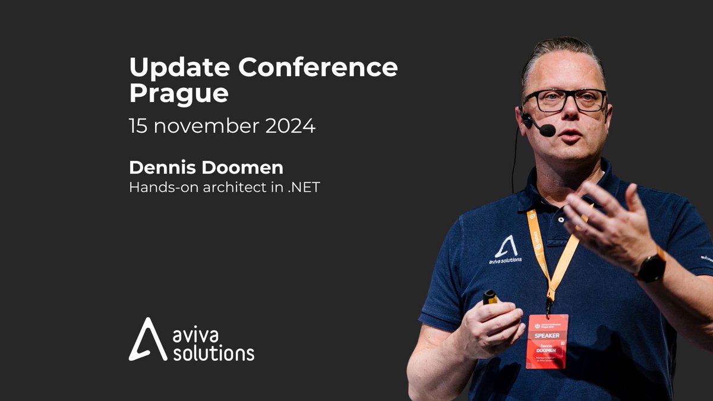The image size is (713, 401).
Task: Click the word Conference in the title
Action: click(318, 68)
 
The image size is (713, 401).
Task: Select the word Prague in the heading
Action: click(179, 94)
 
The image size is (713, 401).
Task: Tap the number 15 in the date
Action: click(139, 126)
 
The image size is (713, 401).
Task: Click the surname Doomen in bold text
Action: click(242, 168)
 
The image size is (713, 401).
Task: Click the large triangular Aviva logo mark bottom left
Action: click(147, 340)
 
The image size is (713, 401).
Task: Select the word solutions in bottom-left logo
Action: click(213, 353)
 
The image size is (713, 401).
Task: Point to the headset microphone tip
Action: click(547, 130)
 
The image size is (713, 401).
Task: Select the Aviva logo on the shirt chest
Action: click(505, 249)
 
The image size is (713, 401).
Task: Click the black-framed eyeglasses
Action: click(564, 100)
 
